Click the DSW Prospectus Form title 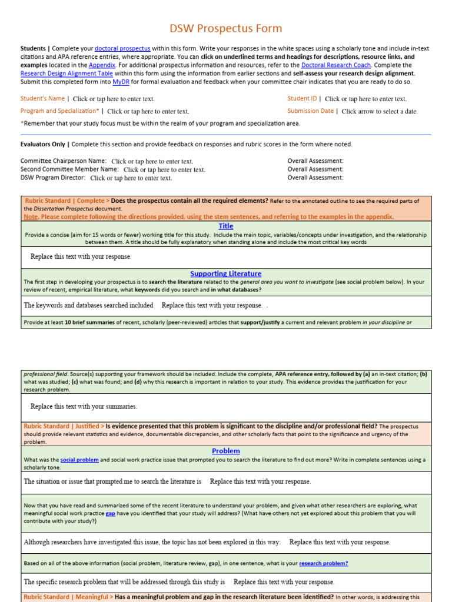pyautogui.click(x=226, y=28)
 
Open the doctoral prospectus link pyautogui.click(x=122, y=48)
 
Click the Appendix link pyautogui.click(x=102, y=65)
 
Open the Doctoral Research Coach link pyautogui.click(x=335, y=65)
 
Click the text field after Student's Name pyautogui.click(x=114, y=99)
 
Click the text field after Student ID pyautogui.click(x=365, y=99)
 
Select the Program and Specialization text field pyautogui.click(x=148, y=111)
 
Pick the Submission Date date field pyautogui.click(x=380, y=111)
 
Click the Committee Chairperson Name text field pyautogui.click(x=152, y=161)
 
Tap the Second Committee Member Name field pyautogui.click(x=164, y=169)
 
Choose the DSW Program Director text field pyautogui.click(x=131, y=178)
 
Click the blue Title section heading pyautogui.click(x=226, y=226)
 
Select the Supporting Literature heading pyautogui.click(x=226, y=273)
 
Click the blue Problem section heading pyautogui.click(x=226, y=451)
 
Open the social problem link pyautogui.click(x=79, y=460)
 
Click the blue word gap pyautogui.click(x=110, y=513)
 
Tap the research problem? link pyautogui.click(x=323, y=563)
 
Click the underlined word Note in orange pyautogui.click(x=30, y=216)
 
